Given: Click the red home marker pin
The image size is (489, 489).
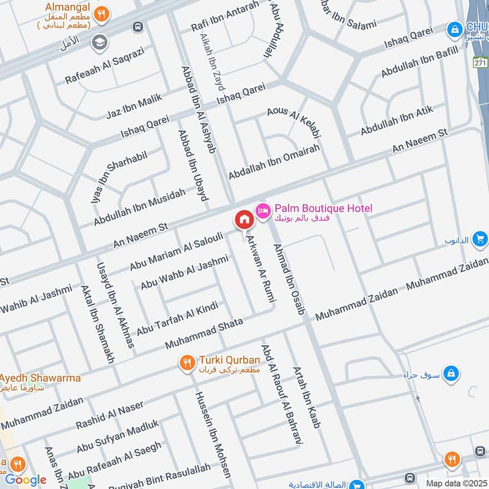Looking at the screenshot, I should coord(244,219).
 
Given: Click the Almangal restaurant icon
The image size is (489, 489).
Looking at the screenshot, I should coord(103,12).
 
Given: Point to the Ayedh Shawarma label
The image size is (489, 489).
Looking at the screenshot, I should coord(40,378).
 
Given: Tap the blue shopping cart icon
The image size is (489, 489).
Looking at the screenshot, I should coord(480,239).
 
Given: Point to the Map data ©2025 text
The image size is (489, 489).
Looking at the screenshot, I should coord(456,483).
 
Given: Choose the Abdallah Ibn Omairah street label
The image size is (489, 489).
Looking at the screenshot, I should coord(274,161).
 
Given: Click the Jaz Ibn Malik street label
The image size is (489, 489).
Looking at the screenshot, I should coord(134,108).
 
